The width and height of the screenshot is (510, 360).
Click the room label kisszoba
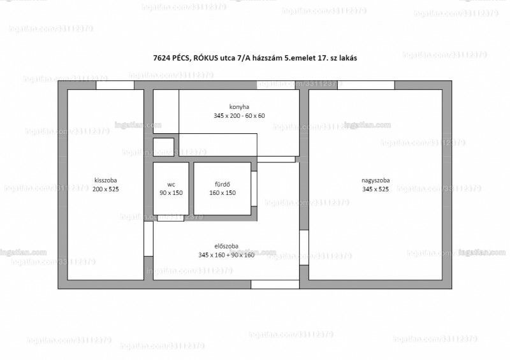pos(106,180)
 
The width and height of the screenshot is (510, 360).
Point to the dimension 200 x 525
pos(106,189)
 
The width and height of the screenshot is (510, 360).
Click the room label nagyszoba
pos(375,180)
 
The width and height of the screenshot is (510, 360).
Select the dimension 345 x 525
pos(375,189)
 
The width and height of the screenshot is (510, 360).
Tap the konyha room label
pos(240,107)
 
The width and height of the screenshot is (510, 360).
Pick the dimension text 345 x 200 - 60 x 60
pos(240,116)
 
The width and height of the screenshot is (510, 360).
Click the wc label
pos(171,185)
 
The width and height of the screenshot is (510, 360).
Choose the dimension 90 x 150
pos(171,193)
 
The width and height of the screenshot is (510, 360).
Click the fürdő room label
pos(222,184)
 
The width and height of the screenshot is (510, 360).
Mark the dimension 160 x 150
pos(222,193)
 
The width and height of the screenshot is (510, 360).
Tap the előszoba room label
pos(226,246)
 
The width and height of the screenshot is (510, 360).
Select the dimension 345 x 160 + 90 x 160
pos(226,255)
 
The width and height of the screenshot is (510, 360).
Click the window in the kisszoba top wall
pos(115,85)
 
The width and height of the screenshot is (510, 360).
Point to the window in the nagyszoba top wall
pos(366,85)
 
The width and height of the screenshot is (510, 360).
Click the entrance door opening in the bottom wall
pos(275,285)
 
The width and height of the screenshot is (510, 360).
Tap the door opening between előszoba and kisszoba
pos(149,239)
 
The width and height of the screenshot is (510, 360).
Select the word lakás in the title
pos(348,58)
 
